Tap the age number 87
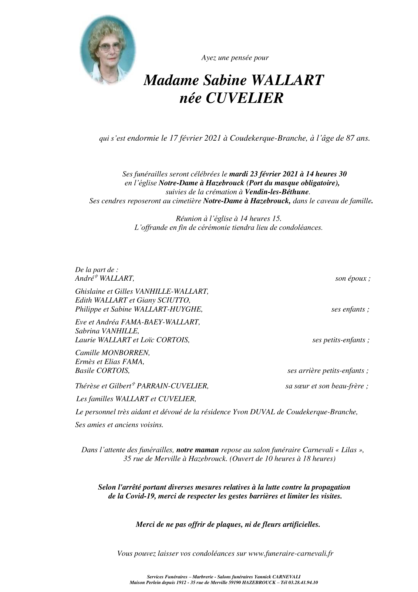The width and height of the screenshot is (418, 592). coord(350,139)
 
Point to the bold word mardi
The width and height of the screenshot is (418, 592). coord(239,174)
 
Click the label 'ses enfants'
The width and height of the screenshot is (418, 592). coord(349,310)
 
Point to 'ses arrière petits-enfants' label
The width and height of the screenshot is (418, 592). coord(328,371)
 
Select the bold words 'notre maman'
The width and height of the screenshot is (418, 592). coord(198,450)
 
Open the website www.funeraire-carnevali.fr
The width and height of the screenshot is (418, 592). coord(291,553)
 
